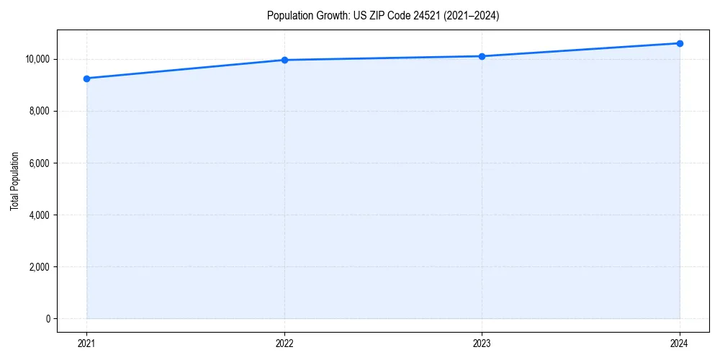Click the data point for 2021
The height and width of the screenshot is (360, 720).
pyautogui.click(x=86, y=78)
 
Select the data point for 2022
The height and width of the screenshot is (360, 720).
pyautogui.click(x=284, y=60)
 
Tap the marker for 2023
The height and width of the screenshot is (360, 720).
pyautogui.click(x=482, y=56)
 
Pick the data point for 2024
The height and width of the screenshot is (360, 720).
pyautogui.click(x=680, y=43)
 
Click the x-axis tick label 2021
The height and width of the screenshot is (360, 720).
pyautogui.click(x=86, y=343)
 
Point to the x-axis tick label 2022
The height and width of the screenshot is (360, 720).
pyautogui.click(x=284, y=343)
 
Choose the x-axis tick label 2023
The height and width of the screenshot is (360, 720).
pyautogui.click(x=482, y=343)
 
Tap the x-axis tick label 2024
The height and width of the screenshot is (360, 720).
pyautogui.click(x=680, y=343)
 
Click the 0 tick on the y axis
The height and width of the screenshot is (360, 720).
pyautogui.click(x=48, y=319)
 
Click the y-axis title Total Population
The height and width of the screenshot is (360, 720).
pyautogui.click(x=14, y=181)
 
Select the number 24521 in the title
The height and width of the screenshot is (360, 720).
pyautogui.click(x=423, y=16)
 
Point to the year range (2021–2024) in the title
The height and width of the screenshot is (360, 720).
pyautogui.click(x=469, y=16)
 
